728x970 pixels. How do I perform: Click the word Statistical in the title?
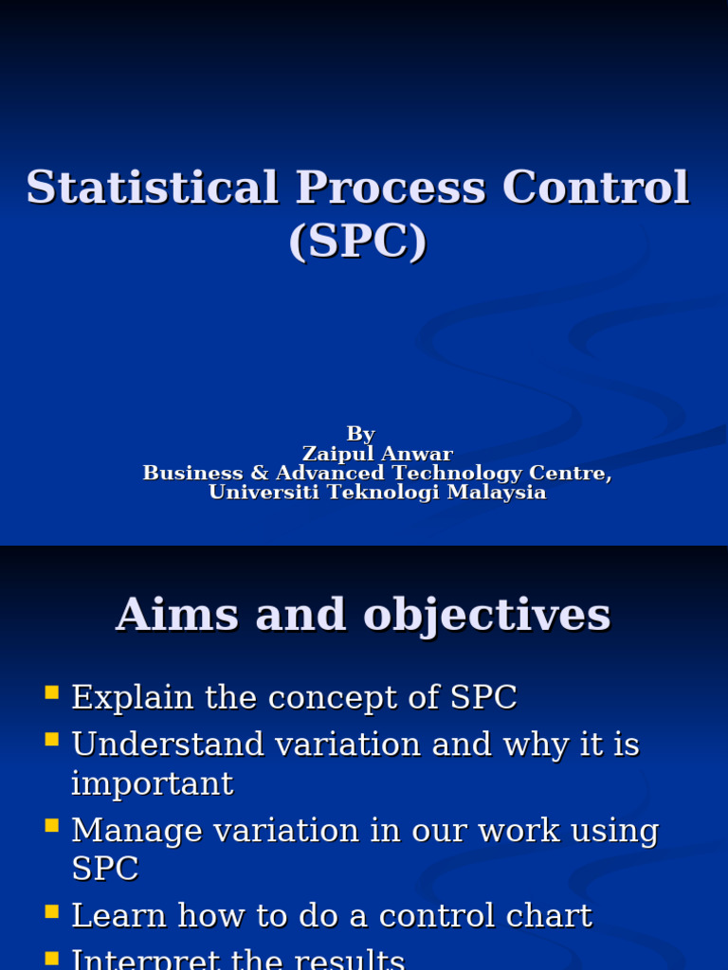[x=152, y=187]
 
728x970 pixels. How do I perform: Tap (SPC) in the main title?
[x=358, y=241]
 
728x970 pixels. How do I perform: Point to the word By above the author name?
[x=360, y=434]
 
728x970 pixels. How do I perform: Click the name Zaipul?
[x=335, y=454]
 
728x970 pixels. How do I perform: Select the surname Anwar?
[x=416, y=454]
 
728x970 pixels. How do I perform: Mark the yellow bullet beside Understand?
[x=51, y=739]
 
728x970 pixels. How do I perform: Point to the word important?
[x=152, y=783]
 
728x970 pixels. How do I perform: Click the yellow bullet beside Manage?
[x=51, y=825]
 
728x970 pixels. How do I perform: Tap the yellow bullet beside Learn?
[x=51, y=910]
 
